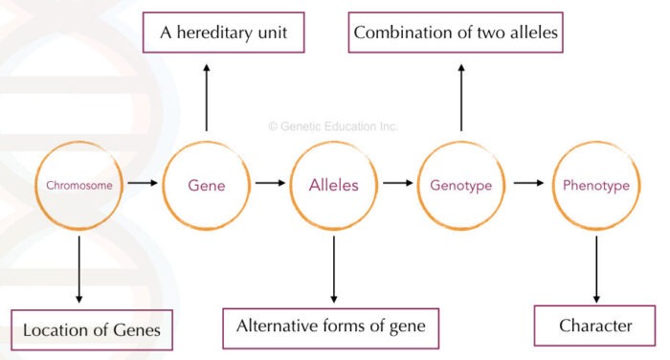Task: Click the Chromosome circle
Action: (79, 185)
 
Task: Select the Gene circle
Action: (207, 185)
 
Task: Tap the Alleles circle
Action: (334, 185)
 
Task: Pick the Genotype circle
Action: (462, 185)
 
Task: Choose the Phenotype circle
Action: (597, 185)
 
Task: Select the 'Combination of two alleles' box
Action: (456, 34)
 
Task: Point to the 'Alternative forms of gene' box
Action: (330, 327)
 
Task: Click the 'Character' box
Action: (595, 326)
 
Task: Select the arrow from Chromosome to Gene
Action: (144, 182)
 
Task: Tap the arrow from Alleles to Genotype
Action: (397, 182)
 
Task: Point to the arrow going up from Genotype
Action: (462, 96)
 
